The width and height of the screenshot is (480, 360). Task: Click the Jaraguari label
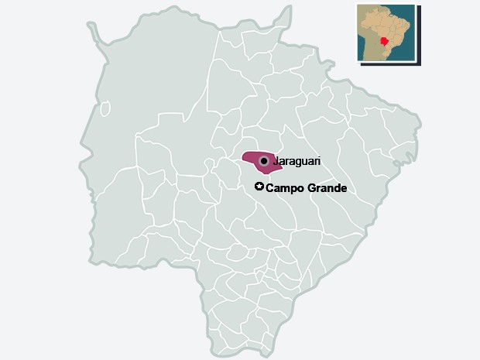point(297,161)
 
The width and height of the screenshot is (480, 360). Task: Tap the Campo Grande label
point(306,188)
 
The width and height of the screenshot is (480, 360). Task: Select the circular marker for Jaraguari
point(264,161)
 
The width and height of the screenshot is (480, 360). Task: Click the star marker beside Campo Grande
point(259,187)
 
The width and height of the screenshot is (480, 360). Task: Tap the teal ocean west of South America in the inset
point(362,46)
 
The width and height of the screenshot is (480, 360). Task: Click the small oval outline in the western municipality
point(105,108)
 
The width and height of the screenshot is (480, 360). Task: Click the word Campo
point(283,188)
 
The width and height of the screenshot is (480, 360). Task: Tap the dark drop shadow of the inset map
point(420,35)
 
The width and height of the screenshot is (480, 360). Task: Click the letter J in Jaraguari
point(277,161)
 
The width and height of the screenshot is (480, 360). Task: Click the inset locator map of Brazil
point(385,33)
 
